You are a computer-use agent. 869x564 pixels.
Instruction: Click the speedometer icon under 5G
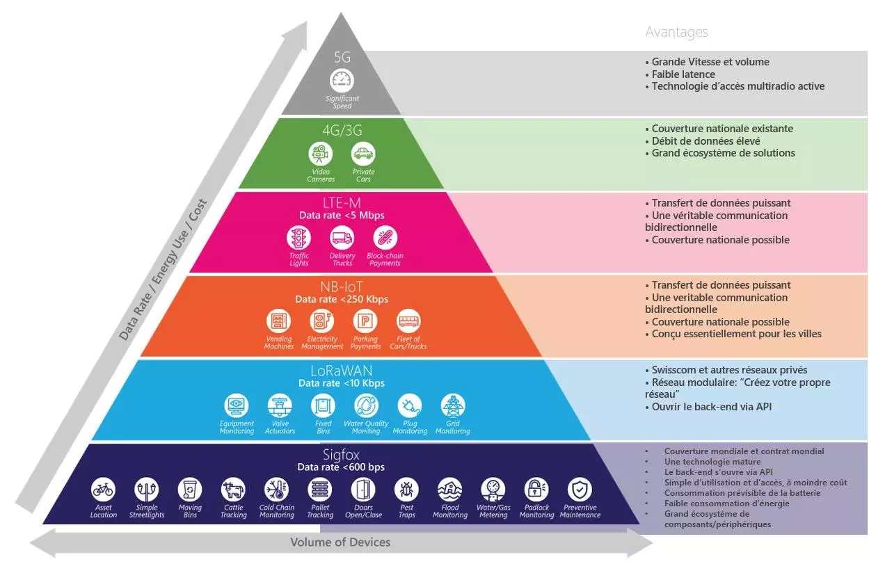point(342,80)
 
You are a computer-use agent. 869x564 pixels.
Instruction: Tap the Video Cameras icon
point(320,153)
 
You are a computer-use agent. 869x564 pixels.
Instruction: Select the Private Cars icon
point(363,153)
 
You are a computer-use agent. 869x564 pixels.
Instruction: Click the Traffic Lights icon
point(299,238)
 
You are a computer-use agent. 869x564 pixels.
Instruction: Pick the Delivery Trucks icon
point(342,238)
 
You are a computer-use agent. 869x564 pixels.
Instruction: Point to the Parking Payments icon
point(365,321)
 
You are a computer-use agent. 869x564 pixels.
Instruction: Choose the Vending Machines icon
point(278,321)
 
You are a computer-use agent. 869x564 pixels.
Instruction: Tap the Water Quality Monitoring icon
point(366,405)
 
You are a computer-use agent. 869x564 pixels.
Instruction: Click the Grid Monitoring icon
point(453,405)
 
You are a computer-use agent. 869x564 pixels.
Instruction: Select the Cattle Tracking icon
point(233,490)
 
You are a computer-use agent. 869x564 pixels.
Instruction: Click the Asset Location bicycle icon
point(103,490)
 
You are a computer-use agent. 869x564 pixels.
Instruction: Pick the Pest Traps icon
point(406,490)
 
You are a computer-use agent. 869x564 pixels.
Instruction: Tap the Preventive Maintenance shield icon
point(580,490)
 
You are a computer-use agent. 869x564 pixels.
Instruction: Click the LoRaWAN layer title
point(341,371)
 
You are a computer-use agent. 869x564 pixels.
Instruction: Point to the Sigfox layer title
point(341,455)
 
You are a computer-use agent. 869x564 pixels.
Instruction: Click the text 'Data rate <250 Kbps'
point(342,299)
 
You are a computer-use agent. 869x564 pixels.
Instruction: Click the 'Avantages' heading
point(676,32)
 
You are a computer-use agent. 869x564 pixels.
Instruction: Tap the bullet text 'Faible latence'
point(683,74)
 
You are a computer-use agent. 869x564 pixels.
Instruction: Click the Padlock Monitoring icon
point(536,490)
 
